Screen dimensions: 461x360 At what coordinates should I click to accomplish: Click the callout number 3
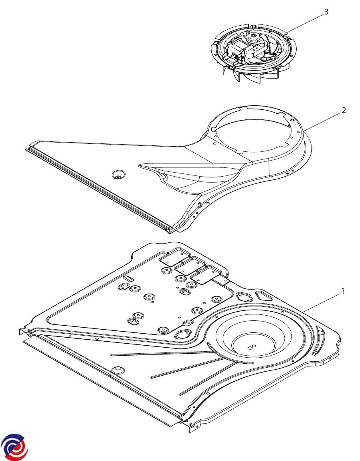pyautogui.click(x=326, y=12)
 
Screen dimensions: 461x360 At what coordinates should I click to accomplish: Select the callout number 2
pyautogui.click(x=344, y=111)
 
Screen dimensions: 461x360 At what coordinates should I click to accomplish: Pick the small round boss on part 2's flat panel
pyautogui.click(x=118, y=175)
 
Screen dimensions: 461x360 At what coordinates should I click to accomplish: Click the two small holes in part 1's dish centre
pyautogui.click(x=251, y=347)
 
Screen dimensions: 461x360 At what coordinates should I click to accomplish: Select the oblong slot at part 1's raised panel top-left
pyautogui.click(x=129, y=278)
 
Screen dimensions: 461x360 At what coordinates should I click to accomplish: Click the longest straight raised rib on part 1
pyautogui.click(x=160, y=353)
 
